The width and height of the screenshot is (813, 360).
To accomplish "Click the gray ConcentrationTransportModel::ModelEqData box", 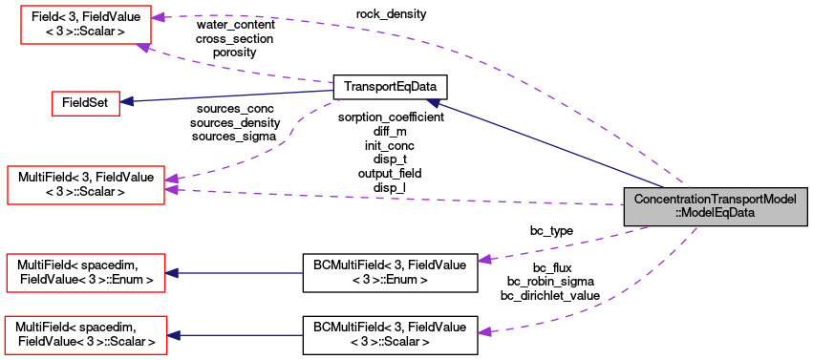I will click(716, 206).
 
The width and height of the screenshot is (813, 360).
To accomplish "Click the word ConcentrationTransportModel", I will click(716, 200).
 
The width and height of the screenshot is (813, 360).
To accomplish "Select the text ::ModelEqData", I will click(716, 214).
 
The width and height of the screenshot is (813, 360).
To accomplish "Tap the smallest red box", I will click(85, 103).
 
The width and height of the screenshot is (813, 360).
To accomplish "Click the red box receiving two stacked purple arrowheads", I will click(86, 184).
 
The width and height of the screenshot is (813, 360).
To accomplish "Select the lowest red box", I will click(86, 334).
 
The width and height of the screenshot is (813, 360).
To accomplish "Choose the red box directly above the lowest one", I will click(86, 273).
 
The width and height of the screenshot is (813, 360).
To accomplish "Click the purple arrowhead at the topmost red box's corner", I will click(141, 46).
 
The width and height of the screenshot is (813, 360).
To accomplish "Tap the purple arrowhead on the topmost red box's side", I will click(158, 17).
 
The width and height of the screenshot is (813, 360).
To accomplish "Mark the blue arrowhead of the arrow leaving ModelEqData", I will click(433, 102).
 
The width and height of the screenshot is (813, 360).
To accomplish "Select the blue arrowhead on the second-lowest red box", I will click(172, 273).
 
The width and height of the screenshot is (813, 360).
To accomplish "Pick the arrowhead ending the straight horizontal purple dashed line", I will click(171, 190).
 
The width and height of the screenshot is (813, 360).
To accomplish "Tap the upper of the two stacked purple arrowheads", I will click(170, 179).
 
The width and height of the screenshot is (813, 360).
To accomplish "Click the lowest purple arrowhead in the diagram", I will click(484, 331).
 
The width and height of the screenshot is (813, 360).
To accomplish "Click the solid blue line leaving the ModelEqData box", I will click(545, 143).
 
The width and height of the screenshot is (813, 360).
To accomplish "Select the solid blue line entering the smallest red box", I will click(229, 97).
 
